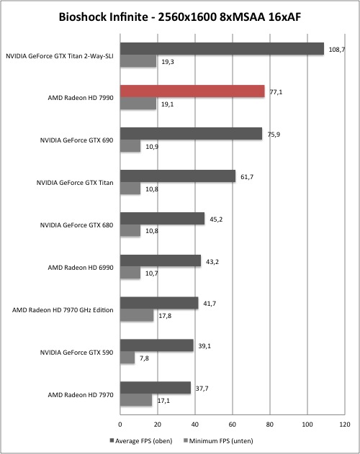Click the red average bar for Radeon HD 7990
(192, 91)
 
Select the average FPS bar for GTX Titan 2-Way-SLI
(222, 49)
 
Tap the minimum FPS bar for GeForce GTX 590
(127, 358)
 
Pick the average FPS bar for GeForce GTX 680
(162, 219)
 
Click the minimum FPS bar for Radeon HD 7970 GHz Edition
(137, 315)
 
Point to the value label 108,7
(336, 50)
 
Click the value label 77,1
(276, 92)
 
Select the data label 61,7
(247, 177)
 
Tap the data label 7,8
(144, 358)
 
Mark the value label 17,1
(163, 401)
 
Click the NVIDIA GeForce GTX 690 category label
(76, 140)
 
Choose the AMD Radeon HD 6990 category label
(81, 268)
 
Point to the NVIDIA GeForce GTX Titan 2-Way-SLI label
(60, 56)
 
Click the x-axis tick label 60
(232, 425)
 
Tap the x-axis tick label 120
(345, 425)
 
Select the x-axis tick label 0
(120, 425)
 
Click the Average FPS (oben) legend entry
(141, 441)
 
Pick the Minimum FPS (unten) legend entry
(218, 441)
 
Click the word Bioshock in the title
(84, 17)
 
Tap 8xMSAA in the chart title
(243, 17)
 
